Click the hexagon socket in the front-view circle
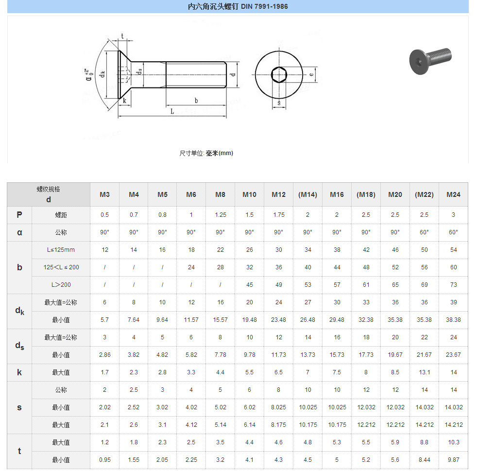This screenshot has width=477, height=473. (278, 75)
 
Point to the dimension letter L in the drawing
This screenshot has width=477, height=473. (172, 111)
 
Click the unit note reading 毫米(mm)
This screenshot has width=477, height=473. (220, 153)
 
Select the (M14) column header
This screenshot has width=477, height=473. (307, 194)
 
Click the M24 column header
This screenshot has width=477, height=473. (453, 194)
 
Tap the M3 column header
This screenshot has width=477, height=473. (104, 194)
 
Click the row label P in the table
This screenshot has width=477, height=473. (19, 215)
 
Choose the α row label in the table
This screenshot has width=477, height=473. (19, 232)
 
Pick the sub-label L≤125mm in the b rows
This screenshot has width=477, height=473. (61, 250)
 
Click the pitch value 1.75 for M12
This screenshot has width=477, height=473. (278, 215)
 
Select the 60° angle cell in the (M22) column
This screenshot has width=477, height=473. (424, 232)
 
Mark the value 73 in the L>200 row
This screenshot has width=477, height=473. (453, 285)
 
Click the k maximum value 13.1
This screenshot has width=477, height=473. (424, 372)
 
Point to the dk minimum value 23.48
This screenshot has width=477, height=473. (278, 320)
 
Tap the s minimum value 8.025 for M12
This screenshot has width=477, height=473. (278, 407)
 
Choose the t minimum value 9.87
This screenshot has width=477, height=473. (453, 460)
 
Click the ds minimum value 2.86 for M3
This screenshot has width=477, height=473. (104, 355)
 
